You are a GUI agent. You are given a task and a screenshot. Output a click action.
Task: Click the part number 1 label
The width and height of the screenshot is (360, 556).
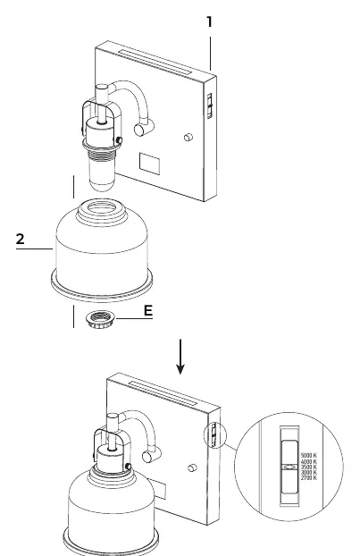[x=209, y=22]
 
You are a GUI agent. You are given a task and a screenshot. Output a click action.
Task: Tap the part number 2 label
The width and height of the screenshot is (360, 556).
[x=21, y=239]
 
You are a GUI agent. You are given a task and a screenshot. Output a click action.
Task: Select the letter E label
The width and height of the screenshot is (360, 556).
[x=148, y=310]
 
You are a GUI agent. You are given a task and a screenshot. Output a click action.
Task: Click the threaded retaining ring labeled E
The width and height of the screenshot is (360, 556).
[x=101, y=318]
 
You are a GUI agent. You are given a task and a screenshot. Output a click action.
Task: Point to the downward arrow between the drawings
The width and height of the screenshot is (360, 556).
[x=180, y=357]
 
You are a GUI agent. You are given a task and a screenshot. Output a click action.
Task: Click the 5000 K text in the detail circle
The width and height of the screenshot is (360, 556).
[x=308, y=455]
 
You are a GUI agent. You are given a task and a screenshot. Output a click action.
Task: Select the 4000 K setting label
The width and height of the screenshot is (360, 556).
[x=308, y=461]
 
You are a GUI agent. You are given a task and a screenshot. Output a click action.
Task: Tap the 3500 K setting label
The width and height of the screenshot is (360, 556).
[x=308, y=467]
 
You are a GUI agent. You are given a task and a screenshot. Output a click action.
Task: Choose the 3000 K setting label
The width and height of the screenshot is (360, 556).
[x=308, y=472]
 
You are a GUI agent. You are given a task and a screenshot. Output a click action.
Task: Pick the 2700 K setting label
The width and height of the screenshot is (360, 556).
[x=308, y=478]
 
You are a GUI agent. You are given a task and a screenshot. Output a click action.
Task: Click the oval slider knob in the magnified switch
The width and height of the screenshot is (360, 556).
[x=289, y=468]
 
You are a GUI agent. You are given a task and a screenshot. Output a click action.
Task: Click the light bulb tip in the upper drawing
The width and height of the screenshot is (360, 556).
[x=102, y=184]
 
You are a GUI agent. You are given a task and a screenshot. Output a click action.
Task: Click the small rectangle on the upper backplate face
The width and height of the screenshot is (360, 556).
[x=149, y=164]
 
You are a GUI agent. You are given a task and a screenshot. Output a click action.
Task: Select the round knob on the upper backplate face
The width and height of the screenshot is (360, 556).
[x=188, y=138]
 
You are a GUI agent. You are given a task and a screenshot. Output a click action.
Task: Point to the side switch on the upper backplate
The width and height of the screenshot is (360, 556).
[x=210, y=105]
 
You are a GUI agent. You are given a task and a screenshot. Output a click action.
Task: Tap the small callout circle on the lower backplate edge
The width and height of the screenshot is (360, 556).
[x=214, y=435]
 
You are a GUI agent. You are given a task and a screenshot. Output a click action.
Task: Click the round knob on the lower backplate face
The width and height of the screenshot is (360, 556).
[x=192, y=468]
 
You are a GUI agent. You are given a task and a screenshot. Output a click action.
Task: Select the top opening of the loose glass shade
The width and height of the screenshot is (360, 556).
[x=102, y=207]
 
